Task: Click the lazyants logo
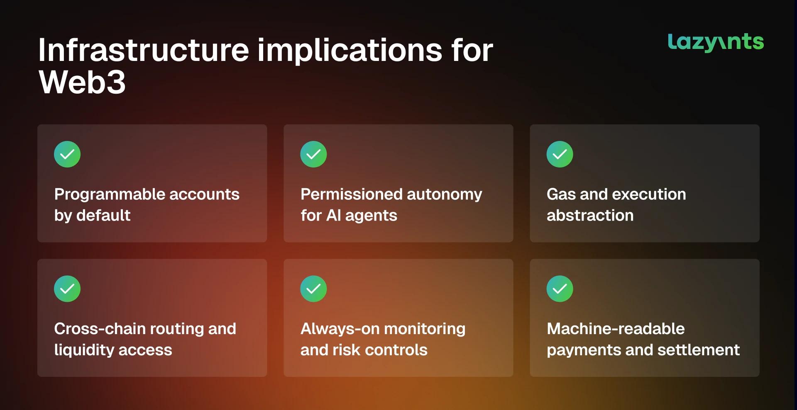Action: [716, 42]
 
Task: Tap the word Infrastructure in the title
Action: [144, 50]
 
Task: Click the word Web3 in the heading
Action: [82, 82]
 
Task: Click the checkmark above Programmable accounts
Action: [67, 154]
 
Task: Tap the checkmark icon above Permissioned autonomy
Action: [313, 154]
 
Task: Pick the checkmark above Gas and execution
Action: [560, 154]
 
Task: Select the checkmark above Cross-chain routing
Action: [67, 289]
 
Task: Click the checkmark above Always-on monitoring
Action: [313, 289]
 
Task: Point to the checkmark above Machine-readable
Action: [560, 289]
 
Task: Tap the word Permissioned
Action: [352, 194]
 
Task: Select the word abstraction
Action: [590, 215]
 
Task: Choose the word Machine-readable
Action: [616, 329]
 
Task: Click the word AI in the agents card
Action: [334, 215]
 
